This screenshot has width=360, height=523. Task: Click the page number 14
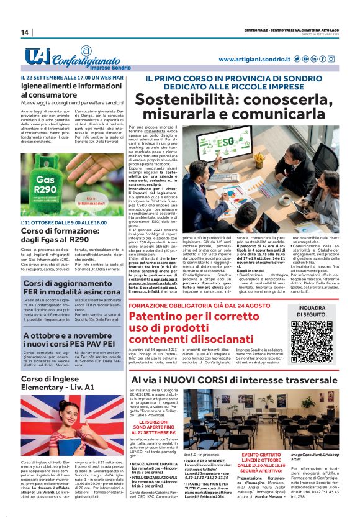[25, 32]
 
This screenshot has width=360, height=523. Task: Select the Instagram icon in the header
[313, 59]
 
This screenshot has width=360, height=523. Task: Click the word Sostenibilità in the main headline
[176, 99]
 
